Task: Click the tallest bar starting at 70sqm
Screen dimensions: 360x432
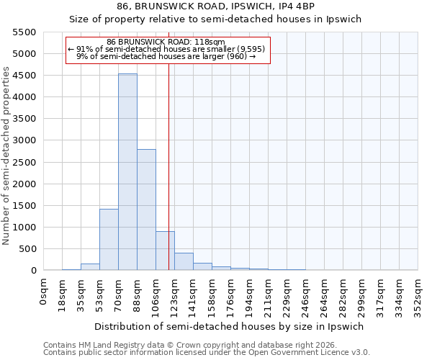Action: [x=127, y=173]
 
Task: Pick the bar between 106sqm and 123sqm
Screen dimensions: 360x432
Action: [x=165, y=251]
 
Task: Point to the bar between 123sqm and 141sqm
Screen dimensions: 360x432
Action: [x=184, y=262]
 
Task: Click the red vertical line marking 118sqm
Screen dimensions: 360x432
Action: [x=168, y=180]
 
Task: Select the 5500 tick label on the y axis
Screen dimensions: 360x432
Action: [x=24, y=32]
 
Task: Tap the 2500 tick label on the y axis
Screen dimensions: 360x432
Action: [x=24, y=162]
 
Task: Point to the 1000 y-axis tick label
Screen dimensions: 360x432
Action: [x=24, y=228]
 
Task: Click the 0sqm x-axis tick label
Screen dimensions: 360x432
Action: [x=44, y=292]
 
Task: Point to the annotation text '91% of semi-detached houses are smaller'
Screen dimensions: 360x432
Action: [x=167, y=49]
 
